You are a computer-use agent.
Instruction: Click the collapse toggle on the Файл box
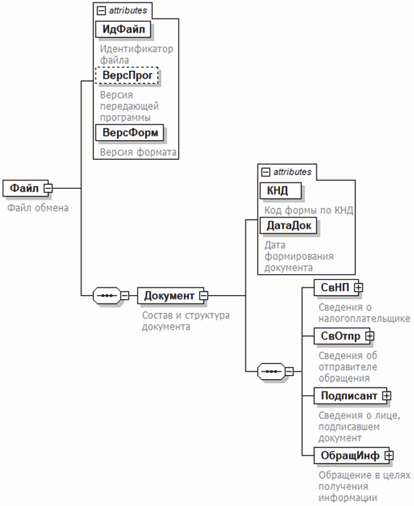[48, 188]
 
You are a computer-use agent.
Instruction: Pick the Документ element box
[169, 296]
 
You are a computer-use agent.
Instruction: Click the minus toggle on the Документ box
[203, 296]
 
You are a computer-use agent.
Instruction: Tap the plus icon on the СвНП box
[359, 287]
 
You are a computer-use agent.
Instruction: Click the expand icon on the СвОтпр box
[369, 336]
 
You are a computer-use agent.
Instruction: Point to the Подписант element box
[348, 395]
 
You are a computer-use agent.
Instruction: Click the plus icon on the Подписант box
[387, 395]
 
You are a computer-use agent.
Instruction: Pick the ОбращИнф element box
[350, 455]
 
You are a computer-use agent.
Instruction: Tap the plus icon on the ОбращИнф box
[389, 455]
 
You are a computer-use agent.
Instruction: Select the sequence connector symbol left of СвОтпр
[270, 371]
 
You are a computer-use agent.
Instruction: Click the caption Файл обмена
[38, 208]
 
